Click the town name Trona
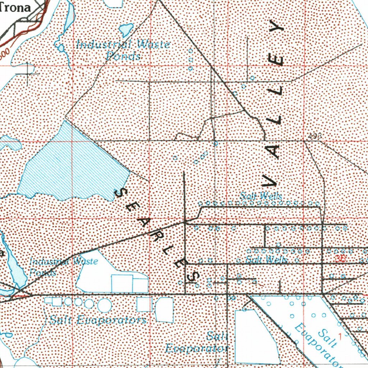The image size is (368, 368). (15, 8)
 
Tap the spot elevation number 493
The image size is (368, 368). (314, 136)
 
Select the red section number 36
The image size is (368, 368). (341, 258)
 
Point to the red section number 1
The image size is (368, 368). (340, 335)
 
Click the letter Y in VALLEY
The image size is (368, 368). (277, 28)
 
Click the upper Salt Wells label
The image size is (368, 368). (261, 196)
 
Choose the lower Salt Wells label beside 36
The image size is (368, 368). (266, 260)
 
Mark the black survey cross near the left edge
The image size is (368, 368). (28, 74)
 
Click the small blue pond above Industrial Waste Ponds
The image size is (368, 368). (126, 29)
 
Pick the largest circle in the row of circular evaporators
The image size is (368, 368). (104, 305)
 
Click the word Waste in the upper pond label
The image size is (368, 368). (154, 45)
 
